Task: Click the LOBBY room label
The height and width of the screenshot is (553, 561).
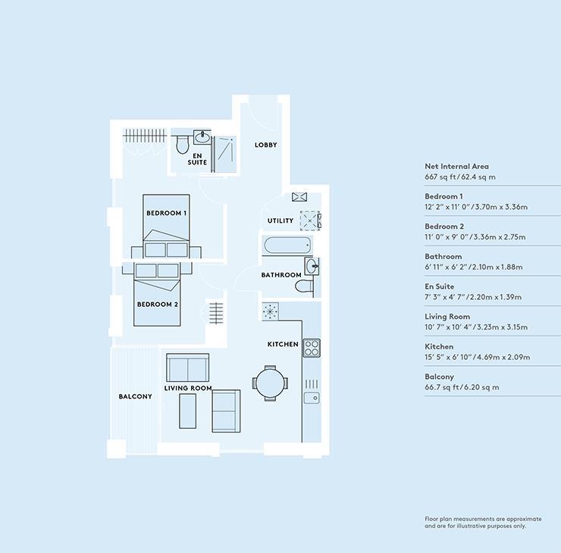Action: pos(265,145)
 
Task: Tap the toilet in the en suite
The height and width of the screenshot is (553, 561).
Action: pos(183,144)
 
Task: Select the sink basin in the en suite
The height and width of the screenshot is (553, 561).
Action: pos(202,137)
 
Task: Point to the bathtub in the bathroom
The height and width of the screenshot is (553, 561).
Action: pos(287,245)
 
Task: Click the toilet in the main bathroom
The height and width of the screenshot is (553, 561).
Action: pos(305,286)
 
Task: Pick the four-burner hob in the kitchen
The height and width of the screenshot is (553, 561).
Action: pos(312,348)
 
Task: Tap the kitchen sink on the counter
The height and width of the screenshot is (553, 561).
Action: pos(312,398)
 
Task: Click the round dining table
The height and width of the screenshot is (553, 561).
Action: pos(270,383)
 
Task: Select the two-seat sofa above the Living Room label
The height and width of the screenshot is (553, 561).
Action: pos(188,367)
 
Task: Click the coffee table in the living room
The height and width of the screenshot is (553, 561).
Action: pos(187,411)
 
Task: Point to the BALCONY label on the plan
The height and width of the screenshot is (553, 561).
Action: pos(135,396)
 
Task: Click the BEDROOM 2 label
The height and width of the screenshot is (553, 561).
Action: pos(158,305)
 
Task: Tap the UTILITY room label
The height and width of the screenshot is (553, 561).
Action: pos(280,220)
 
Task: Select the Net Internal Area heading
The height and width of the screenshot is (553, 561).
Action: pos(456,166)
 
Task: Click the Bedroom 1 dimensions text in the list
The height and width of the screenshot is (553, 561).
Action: pos(476,207)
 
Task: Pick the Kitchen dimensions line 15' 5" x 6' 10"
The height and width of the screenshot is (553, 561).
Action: pos(478,357)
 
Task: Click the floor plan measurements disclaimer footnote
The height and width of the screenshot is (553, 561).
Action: pos(483,522)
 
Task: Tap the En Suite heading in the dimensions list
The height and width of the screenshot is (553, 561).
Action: pos(440,286)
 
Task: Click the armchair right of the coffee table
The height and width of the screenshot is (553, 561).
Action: pos(226,411)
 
